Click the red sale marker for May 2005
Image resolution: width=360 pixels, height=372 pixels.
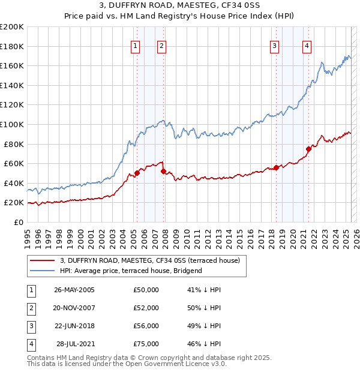tap(137, 173)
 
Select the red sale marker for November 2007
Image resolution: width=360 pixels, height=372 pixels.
tap(163, 172)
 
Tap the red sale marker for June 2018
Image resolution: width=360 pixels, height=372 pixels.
tap(276, 167)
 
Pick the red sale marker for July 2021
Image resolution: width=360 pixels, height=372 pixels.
tap(308, 149)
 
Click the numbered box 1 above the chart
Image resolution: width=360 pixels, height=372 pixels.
tap(136, 46)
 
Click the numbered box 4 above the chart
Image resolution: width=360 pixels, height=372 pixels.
tap(307, 46)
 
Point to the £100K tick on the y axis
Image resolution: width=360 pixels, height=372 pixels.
tap(12, 124)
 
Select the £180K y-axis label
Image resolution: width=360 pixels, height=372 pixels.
tap(12, 46)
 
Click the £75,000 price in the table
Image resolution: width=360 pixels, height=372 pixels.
tap(146, 344)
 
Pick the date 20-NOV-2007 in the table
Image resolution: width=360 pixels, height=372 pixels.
tap(74, 308)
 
